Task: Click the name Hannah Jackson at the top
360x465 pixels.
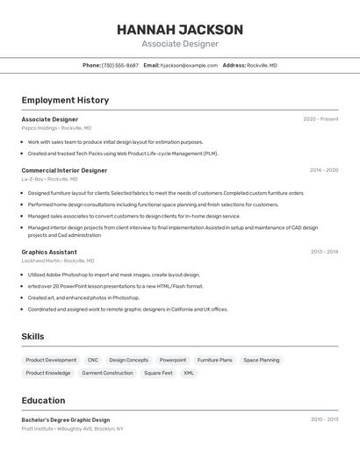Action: click(180, 29)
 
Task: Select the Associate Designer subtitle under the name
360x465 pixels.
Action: click(180, 44)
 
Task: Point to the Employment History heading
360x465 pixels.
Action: click(65, 100)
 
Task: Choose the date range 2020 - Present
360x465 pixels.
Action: click(320, 119)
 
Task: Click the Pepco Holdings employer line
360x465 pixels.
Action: click(56, 128)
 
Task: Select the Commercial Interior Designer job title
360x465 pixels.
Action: click(64, 170)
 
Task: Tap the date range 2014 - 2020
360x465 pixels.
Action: click(323, 170)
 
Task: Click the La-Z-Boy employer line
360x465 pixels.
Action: click(50, 179)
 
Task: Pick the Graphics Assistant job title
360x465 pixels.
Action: click(49, 252)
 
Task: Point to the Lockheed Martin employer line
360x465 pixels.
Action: click(58, 261)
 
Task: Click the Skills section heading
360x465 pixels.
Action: click(32, 336)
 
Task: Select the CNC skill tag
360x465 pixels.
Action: click(93, 360)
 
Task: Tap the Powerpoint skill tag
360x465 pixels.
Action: click(173, 360)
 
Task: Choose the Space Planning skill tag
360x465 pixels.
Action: click(262, 360)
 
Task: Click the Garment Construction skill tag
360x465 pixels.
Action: click(107, 373)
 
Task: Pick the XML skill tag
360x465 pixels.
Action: click(189, 373)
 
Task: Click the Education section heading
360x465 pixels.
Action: click(43, 400)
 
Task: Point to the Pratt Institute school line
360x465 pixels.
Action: click(72, 429)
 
